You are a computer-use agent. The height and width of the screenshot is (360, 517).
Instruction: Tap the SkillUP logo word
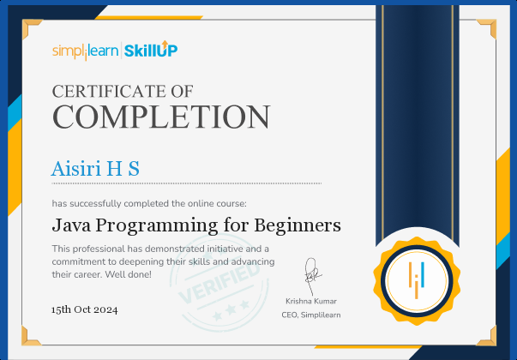(151, 50)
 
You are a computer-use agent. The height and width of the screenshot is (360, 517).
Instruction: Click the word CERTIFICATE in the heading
(108, 92)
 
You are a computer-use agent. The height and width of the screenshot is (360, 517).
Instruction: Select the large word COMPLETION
(161, 117)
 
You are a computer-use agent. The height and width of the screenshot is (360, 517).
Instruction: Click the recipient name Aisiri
(75, 169)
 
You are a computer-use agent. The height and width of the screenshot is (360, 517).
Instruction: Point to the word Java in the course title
(71, 225)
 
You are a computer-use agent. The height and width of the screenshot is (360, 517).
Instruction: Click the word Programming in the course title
(157, 226)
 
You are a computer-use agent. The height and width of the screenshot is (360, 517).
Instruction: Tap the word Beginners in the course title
(298, 225)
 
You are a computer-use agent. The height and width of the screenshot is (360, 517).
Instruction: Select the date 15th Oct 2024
(84, 309)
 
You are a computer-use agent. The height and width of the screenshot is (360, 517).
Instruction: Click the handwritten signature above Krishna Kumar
(311, 276)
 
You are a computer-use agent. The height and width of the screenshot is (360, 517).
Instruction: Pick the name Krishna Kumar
(311, 301)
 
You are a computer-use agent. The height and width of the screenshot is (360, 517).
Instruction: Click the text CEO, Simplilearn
(311, 315)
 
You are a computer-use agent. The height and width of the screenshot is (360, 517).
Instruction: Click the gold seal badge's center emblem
(417, 280)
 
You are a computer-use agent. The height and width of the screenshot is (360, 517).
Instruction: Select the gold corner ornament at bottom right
(487, 337)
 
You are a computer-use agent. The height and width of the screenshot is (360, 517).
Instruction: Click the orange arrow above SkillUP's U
(165, 45)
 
